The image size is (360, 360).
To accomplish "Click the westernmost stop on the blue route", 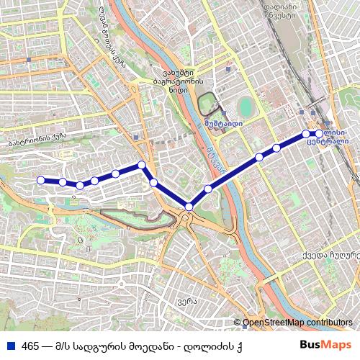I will click(x=41, y=180).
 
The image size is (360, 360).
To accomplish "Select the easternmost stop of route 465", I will click(x=319, y=134).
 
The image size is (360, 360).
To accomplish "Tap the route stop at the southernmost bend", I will click(x=189, y=207).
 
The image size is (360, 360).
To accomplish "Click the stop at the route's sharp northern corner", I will click(x=143, y=165).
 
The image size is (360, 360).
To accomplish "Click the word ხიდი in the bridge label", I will click(x=178, y=91).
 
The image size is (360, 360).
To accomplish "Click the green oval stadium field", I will click(x=246, y=107).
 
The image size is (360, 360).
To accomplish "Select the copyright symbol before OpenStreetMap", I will click(x=238, y=323).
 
